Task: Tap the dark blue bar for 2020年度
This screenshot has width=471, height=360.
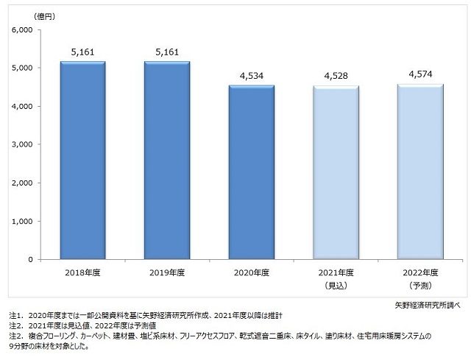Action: [x=252, y=172]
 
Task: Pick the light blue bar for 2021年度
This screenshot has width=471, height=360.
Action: [x=336, y=172]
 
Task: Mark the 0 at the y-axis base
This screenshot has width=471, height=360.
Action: [x=31, y=259]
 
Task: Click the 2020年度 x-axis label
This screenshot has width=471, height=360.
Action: [x=252, y=272]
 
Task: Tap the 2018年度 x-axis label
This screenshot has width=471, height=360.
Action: [x=82, y=272]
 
